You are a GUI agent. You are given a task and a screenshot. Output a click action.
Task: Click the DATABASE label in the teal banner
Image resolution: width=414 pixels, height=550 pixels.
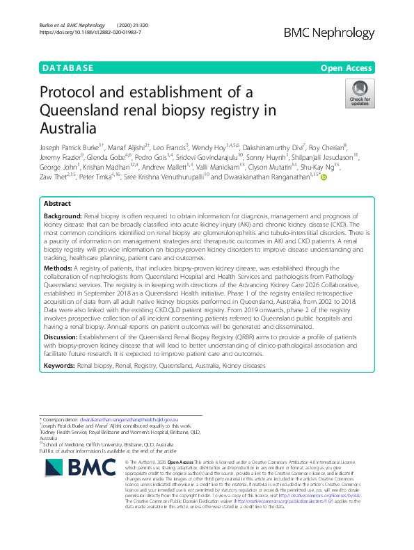tap(67, 68)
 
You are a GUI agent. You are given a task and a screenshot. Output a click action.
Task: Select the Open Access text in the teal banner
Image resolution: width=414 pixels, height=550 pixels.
tap(348, 68)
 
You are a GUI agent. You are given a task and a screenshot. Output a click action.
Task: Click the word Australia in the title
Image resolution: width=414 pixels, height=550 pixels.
tap(67, 129)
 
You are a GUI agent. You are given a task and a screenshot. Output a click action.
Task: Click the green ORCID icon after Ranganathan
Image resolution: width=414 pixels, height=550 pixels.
tap(323, 177)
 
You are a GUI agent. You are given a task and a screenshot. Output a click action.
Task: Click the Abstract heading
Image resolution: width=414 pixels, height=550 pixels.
tap(57, 204)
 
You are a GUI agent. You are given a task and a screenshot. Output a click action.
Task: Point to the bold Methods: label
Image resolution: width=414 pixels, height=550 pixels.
tap(58, 268)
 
